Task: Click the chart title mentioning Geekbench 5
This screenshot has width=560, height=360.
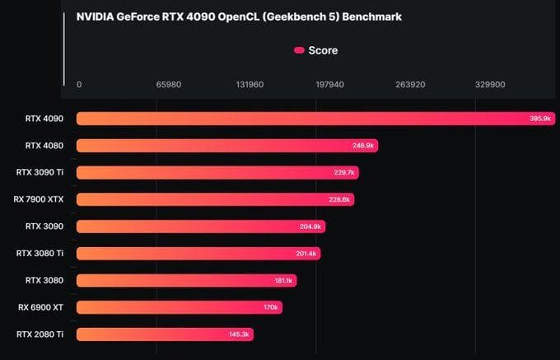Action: point(239,16)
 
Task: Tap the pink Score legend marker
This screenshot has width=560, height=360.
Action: point(299,50)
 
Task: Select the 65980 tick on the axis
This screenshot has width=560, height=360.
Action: point(168,84)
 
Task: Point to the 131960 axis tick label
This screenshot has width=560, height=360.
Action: point(249,84)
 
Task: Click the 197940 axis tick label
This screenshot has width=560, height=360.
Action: point(329,84)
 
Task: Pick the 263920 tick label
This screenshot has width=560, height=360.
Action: point(410,84)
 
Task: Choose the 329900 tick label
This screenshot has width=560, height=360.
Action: point(490,84)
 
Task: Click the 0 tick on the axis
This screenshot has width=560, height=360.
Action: point(79,84)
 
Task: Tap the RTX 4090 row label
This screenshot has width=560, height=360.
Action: point(44,119)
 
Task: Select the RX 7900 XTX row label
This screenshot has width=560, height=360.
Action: point(39,199)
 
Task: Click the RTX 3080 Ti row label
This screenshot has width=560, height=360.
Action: point(40,253)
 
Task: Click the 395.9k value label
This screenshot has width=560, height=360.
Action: point(540,119)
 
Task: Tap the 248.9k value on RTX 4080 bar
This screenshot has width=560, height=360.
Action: point(363,146)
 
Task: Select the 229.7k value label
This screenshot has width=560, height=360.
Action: point(344,173)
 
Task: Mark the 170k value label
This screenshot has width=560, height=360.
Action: point(272,307)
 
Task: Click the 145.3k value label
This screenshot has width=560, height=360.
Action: point(240,334)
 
